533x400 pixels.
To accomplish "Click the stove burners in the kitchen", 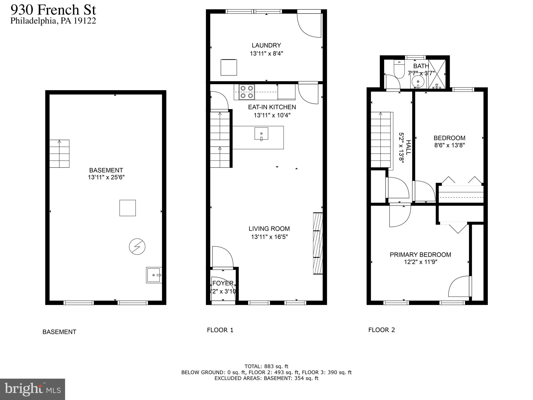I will (247, 92).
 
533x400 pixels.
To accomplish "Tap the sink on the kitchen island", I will (261, 134).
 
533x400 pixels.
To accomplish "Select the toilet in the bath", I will (399, 69).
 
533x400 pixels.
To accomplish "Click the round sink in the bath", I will (418, 82).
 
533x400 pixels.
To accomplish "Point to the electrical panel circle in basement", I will (137, 246).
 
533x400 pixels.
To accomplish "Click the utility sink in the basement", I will (154, 275).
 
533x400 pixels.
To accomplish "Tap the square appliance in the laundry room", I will (229, 67).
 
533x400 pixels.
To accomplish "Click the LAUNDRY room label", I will (266, 45).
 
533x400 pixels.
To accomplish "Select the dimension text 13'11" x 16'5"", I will (269, 237).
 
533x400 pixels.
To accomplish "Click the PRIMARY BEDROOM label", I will (420, 255).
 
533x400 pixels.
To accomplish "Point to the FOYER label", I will (223, 283).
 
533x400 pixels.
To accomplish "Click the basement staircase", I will (59, 154).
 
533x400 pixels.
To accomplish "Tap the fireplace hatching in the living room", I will (318, 243).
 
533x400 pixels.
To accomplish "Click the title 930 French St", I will (53, 10).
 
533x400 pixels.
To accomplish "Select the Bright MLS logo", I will (32, 389).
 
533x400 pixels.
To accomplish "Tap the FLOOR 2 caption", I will (382, 330).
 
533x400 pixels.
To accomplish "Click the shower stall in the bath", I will (437, 74).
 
